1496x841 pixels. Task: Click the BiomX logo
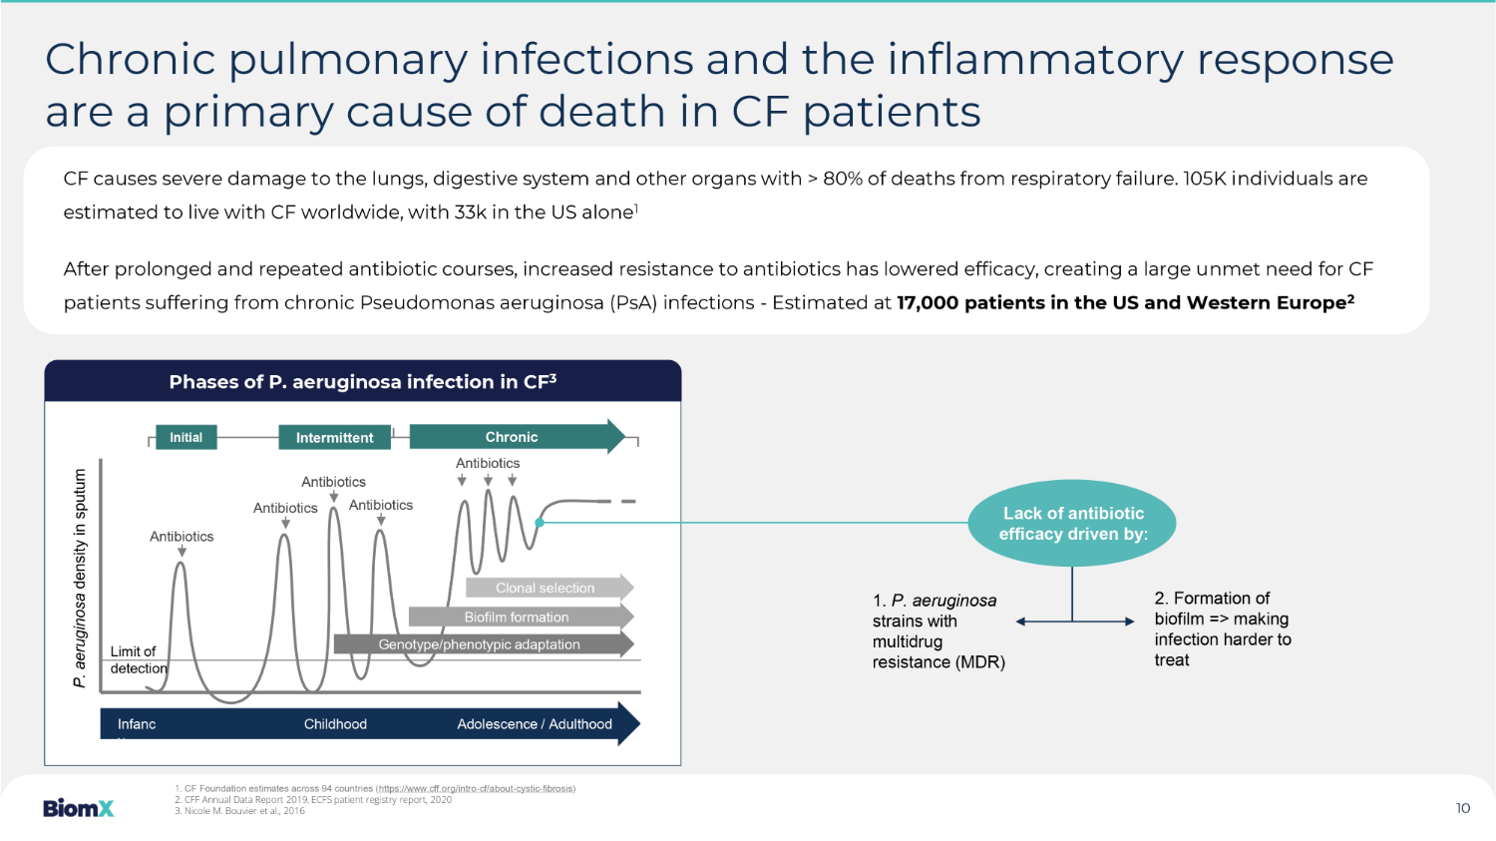(78, 808)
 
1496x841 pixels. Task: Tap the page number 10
(1463, 808)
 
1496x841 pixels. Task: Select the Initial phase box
(186, 438)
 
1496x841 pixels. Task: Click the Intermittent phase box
(334, 438)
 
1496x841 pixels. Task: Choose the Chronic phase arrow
(517, 437)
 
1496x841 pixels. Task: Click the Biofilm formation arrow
(521, 618)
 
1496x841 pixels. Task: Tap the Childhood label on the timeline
(335, 724)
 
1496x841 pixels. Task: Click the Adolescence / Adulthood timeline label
(535, 724)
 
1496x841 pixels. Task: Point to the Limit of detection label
(139, 660)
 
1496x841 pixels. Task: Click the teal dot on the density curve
(540, 523)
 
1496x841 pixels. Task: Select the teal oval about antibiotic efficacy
(1072, 523)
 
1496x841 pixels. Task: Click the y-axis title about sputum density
(80, 579)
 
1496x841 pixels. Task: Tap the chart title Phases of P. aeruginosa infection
(363, 381)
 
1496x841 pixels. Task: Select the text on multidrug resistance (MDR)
(938, 631)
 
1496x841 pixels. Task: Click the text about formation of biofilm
(1223, 630)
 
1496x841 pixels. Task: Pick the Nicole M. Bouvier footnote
(239, 811)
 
